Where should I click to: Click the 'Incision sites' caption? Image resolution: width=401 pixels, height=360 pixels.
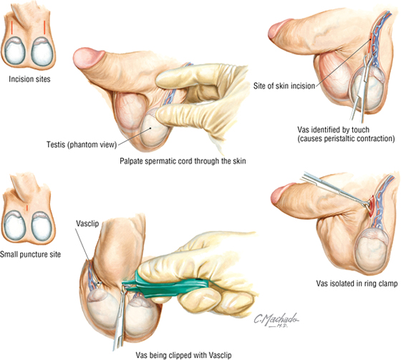pyautogui.click(x=29, y=79)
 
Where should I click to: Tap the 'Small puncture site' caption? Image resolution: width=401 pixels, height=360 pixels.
pyautogui.click(x=30, y=254)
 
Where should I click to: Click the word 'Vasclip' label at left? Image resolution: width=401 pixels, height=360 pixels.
pyautogui.click(x=87, y=223)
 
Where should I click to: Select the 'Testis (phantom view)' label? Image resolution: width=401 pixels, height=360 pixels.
pyautogui.click(x=82, y=145)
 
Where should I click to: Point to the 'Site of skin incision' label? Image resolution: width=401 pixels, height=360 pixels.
pyautogui.click(x=284, y=86)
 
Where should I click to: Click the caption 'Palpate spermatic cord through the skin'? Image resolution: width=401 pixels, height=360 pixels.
pyautogui.click(x=183, y=161)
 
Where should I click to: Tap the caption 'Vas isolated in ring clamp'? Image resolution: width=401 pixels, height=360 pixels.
pyautogui.click(x=357, y=283)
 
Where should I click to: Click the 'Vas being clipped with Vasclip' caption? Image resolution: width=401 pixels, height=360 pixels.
pyautogui.click(x=183, y=355)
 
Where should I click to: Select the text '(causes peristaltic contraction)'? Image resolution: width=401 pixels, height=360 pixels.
pyautogui.click(x=347, y=139)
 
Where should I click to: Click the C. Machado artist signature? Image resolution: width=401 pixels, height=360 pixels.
pyautogui.click(x=276, y=320)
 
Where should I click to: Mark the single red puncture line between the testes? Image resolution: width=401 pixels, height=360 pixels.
pyautogui.click(x=27, y=208)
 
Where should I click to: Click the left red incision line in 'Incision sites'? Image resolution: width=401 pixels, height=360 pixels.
pyautogui.click(x=11, y=27)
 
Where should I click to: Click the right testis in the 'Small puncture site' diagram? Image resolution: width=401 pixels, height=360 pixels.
pyautogui.click(x=42, y=226)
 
